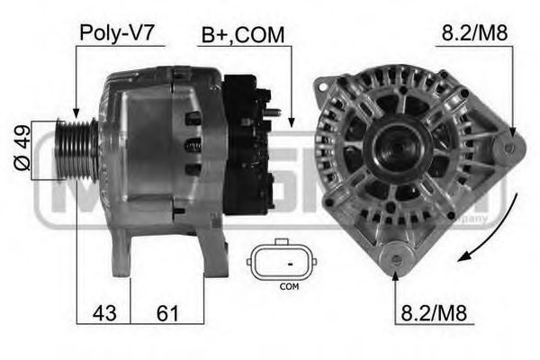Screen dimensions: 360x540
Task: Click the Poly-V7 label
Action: [x=117, y=33]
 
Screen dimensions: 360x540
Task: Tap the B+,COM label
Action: [x=242, y=35]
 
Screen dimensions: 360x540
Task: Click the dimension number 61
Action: [x=166, y=314]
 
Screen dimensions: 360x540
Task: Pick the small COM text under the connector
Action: [x=289, y=287]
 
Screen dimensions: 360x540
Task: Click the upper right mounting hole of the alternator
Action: [x=509, y=144]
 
